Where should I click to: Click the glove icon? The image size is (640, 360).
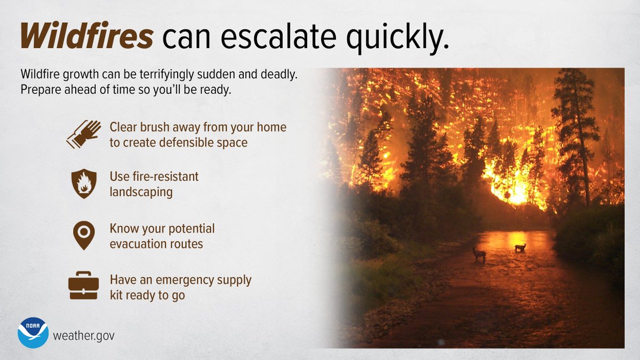click(84, 133)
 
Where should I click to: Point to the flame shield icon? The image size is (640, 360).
click(84, 184)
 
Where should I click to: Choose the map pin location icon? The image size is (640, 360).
click(84, 235)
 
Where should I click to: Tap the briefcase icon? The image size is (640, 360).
click(84, 286)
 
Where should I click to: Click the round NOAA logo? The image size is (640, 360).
click(33, 333)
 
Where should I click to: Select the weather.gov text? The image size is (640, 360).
click(83, 337)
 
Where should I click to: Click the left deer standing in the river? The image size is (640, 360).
click(479, 254)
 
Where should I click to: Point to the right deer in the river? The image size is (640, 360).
click(520, 247)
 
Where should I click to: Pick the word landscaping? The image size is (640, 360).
click(141, 192)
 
